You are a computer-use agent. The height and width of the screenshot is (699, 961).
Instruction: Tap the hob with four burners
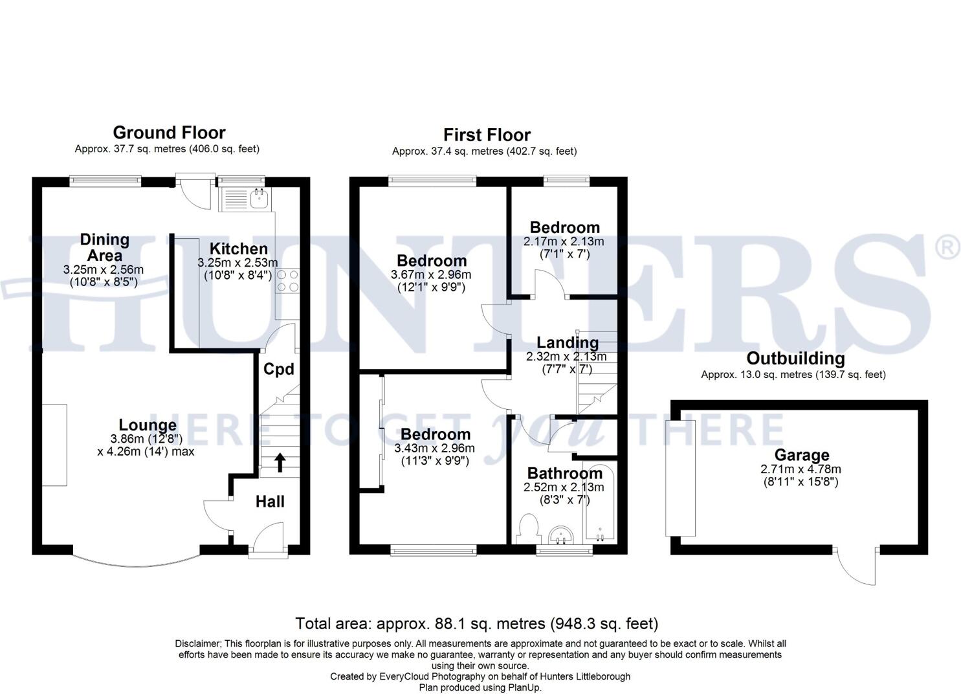[x=287, y=280]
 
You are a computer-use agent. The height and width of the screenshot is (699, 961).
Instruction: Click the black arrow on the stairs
[x=280, y=461]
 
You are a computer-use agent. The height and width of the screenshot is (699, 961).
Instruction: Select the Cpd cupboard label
[x=279, y=369]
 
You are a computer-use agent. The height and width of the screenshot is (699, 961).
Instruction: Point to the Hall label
[x=270, y=502]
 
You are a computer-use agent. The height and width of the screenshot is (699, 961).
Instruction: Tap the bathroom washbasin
[x=561, y=536]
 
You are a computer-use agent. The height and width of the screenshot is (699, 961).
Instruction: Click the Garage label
[x=802, y=455]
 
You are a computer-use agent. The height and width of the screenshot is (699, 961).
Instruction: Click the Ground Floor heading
[x=169, y=133]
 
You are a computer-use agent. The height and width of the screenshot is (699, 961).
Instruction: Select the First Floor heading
[x=487, y=135]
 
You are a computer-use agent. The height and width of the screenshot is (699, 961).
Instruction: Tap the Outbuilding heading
[x=795, y=359]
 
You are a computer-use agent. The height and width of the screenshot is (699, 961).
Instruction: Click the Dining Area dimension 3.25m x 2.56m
[x=104, y=270]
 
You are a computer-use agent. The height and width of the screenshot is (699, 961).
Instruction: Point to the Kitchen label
[x=238, y=249]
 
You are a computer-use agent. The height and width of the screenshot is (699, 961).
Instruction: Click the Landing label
[x=568, y=342]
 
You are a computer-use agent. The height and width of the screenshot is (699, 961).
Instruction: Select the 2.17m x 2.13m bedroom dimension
[x=564, y=241]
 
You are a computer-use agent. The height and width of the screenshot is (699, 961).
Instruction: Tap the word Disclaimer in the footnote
[x=198, y=644]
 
